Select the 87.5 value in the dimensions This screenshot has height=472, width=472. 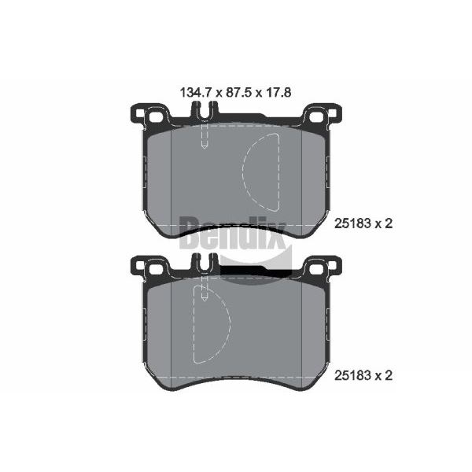(238, 92)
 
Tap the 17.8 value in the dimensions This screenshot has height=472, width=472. (278, 92)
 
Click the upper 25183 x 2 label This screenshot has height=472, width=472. (363, 223)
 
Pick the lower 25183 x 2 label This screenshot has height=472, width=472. (363, 375)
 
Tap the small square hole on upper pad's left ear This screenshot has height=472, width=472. (140, 113)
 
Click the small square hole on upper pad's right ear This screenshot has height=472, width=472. (332, 113)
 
